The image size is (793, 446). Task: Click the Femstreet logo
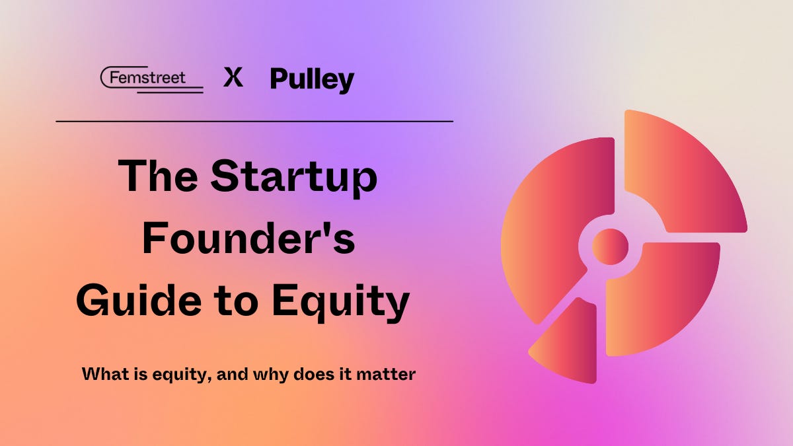pyautogui.click(x=152, y=79)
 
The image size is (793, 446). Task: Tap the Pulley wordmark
pyautogui.click(x=312, y=80)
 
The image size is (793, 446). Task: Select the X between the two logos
pyautogui.click(x=233, y=79)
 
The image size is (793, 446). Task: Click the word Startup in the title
pyautogui.click(x=293, y=178)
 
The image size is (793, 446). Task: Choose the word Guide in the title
pyautogui.click(x=135, y=301)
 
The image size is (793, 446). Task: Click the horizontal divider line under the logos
pyautogui.click(x=254, y=122)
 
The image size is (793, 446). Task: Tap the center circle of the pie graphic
pyautogui.click(x=610, y=246)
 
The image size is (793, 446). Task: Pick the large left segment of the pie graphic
pyautogui.click(x=552, y=225)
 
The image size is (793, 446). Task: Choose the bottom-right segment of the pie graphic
pyautogui.click(x=661, y=297)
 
